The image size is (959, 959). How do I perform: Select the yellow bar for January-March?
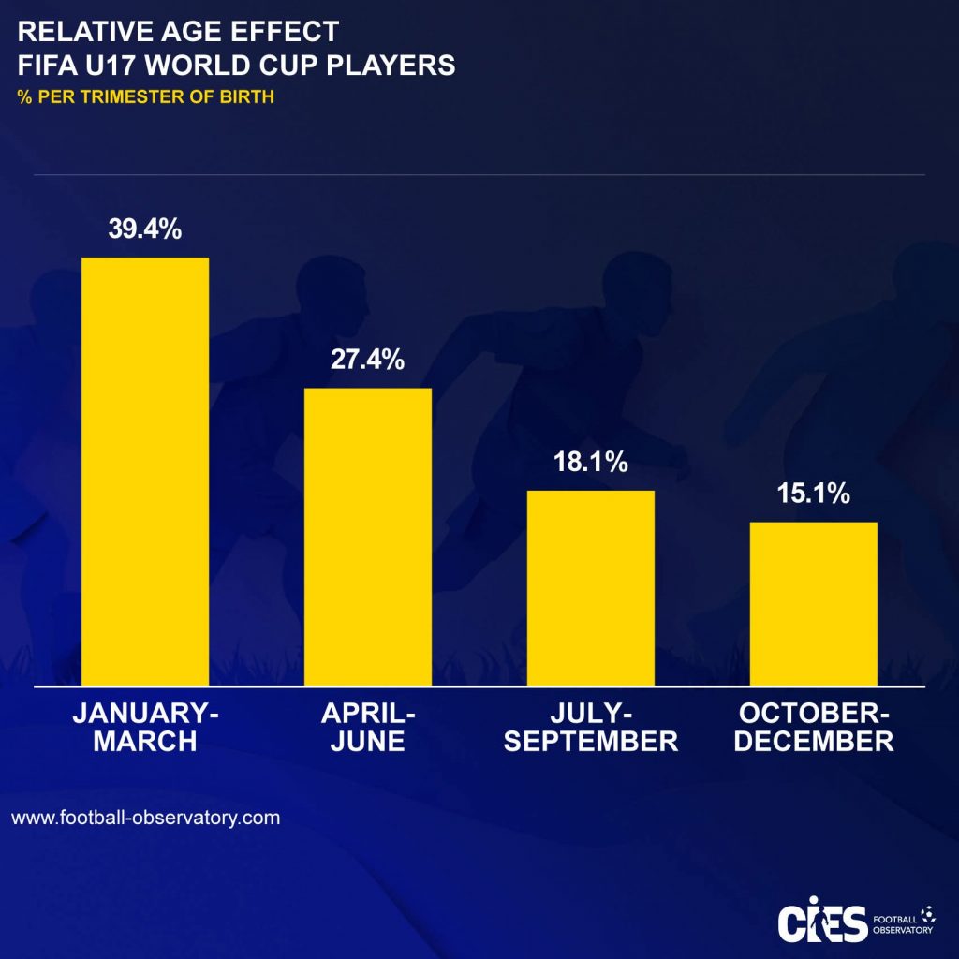point(145,470)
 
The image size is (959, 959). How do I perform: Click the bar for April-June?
point(368,536)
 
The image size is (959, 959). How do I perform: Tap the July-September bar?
point(590,587)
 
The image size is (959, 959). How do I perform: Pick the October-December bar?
point(813,603)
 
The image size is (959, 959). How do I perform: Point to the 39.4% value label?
point(145,229)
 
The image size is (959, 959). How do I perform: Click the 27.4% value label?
point(368,361)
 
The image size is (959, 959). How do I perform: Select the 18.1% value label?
point(590,463)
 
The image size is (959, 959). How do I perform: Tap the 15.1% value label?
point(813,494)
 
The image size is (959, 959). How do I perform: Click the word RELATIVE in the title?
point(71,32)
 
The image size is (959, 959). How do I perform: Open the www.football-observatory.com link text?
point(146,817)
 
